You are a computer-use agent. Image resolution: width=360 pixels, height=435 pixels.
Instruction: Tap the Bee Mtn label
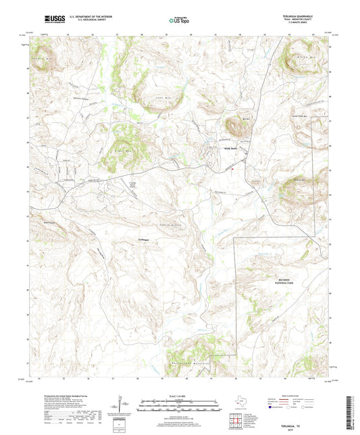246,118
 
